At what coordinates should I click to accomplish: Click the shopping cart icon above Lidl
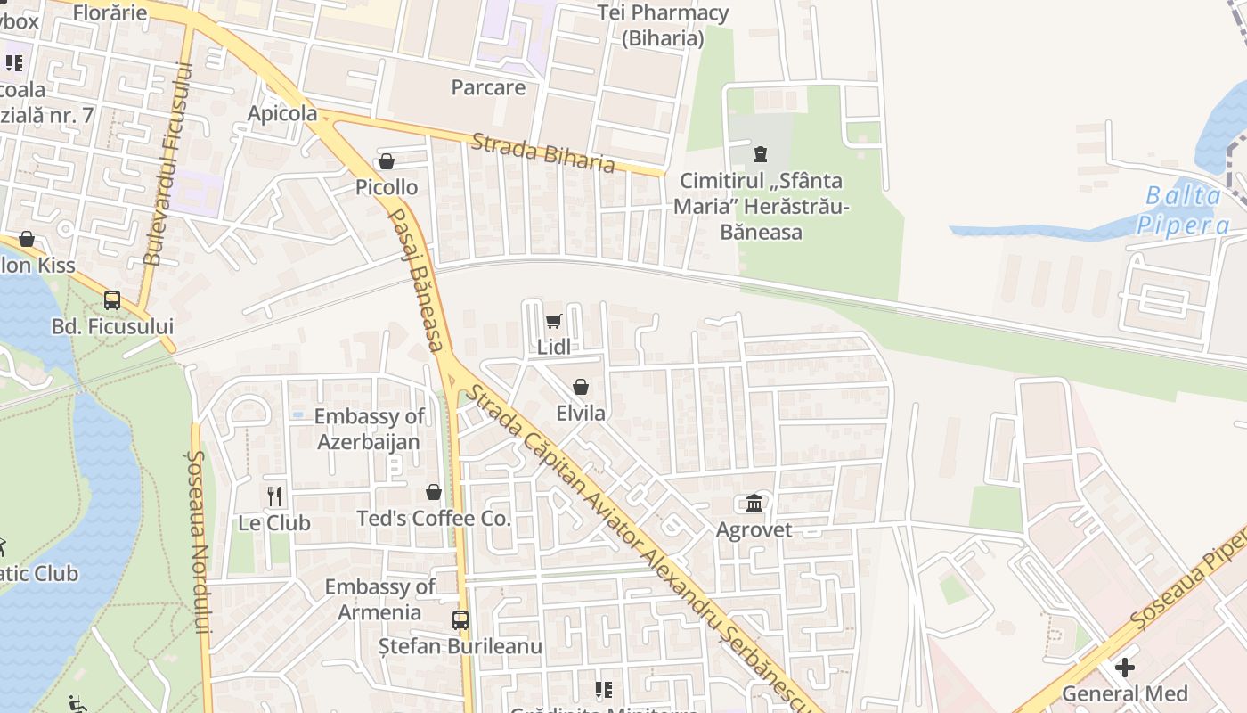[x=553, y=321]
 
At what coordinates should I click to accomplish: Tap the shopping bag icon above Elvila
[x=581, y=387]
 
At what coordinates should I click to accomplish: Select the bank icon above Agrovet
[x=754, y=504]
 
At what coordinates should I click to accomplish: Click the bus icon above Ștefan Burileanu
[x=460, y=619]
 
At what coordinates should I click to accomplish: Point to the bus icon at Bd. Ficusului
[x=112, y=300]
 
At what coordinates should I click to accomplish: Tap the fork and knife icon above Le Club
[x=274, y=496]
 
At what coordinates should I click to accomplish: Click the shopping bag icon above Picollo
[x=387, y=161]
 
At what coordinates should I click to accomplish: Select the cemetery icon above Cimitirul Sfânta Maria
[x=760, y=154]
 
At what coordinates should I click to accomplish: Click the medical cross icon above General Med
[x=1125, y=667]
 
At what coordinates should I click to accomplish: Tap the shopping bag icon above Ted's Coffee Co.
[x=434, y=492]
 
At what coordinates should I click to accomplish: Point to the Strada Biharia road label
[x=543, y=152]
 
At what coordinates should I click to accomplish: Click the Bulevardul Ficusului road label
[x=167, y=164]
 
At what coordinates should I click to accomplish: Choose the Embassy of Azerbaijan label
[x=369, y=429]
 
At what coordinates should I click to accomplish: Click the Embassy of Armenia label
[x=379, y=599]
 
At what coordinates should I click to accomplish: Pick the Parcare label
[x=488, y=87]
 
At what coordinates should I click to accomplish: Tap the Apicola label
[x=282, y=113]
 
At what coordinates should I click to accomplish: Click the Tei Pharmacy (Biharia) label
[x=663, y=25]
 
